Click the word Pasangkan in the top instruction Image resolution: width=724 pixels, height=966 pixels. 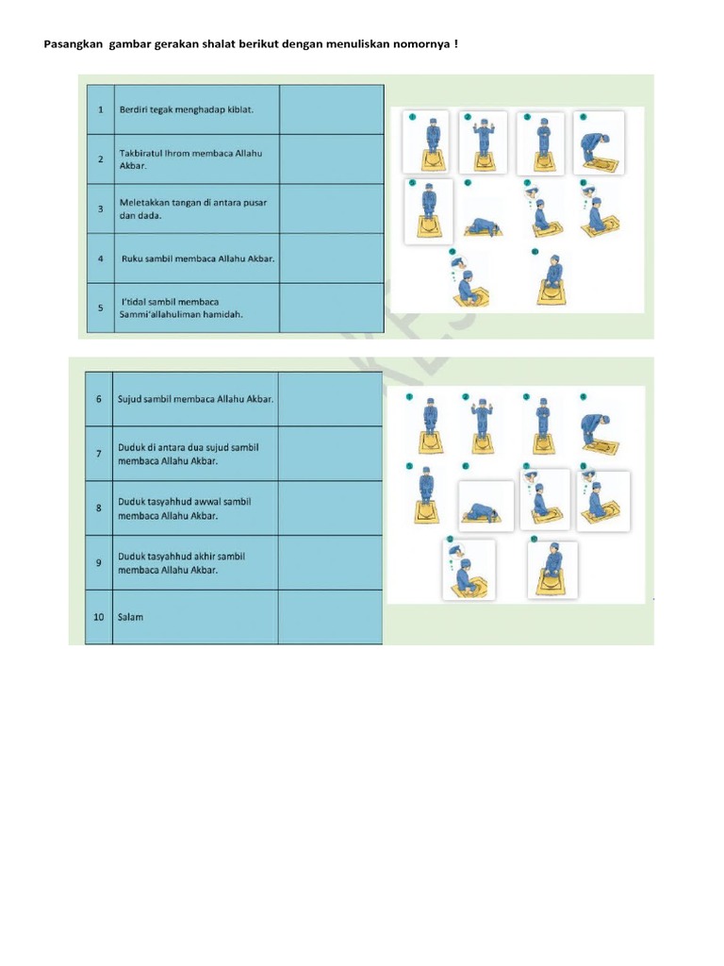click(74, 45)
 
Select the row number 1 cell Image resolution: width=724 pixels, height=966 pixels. click(100, 109)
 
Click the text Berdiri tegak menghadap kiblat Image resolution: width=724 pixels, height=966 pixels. click(186, 109)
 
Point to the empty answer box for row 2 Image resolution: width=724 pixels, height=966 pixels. click(331, 158)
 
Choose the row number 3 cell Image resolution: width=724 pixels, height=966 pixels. click(100, 208)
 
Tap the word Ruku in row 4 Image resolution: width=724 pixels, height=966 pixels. click(135, 258)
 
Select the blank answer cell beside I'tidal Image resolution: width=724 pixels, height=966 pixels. click(331, 308)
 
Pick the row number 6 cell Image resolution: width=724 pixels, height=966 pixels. click(98, 398)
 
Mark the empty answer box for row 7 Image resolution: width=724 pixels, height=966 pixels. click(330, 454)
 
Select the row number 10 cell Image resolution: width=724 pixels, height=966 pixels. click(98, 617)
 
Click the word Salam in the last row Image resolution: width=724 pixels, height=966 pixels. click(130, 618)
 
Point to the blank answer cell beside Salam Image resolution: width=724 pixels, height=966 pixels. click(330, 617)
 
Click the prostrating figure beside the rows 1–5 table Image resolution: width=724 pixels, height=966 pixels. click(482, 227)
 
